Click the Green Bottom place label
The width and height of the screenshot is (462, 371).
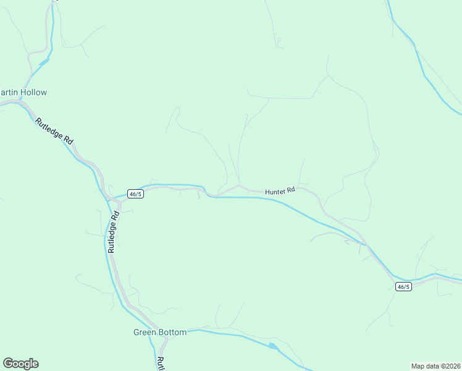tap(160, 332)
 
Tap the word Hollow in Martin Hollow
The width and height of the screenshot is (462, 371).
tap(33, 92)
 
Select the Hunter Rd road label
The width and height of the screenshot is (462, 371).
tap(280, 192)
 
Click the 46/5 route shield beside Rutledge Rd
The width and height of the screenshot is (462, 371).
tap(135, 194)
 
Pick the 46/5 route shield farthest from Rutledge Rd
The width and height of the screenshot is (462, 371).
tap(403, 286)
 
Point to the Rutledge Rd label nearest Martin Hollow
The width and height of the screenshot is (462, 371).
tap(54, 132)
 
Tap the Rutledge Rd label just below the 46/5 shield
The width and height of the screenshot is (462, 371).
tap(113, 232)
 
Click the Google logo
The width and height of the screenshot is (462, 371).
tap(20, 364)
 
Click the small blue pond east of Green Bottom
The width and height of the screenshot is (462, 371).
tap(272, 346)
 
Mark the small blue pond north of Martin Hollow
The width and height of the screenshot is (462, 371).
tap(44, 62)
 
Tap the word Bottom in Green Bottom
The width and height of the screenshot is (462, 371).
tap(172, 332)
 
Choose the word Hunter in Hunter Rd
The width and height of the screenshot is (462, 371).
tap(275, 192)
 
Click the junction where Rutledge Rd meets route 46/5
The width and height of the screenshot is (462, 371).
tap(119, 202)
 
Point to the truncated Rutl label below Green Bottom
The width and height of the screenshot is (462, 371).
tap(160, 364)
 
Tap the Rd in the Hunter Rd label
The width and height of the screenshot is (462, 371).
tap(291, 190)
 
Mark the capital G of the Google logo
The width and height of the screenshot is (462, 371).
tap(8, 364)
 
